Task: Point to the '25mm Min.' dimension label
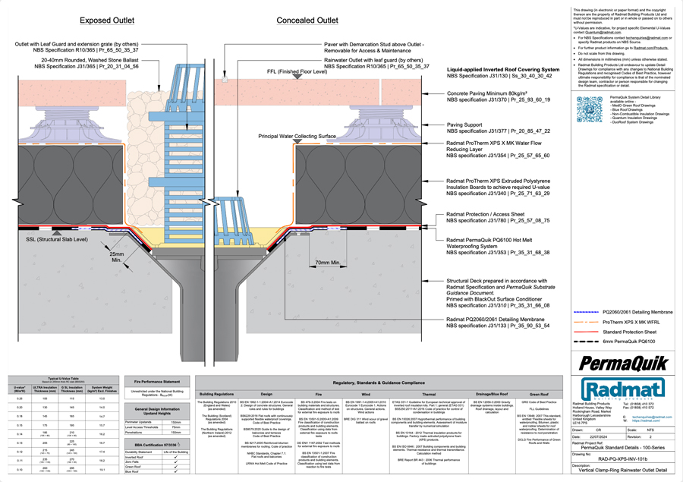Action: (117, 257)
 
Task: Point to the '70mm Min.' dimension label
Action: (328, 263)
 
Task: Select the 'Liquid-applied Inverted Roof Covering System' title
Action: (503, 69)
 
